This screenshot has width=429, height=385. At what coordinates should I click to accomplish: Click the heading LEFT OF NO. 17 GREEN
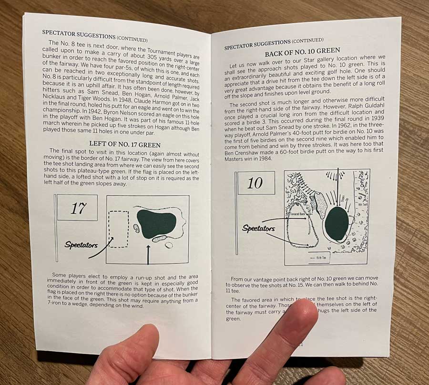pos(125,144)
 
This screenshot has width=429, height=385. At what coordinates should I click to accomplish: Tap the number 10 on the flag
pos(255,183)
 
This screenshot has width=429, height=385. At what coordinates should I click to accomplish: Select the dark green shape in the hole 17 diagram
pos(157,221)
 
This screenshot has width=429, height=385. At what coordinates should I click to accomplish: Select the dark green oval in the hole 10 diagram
pos(337,224)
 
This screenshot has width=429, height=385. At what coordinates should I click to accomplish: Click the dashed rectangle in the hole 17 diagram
pos(119,229)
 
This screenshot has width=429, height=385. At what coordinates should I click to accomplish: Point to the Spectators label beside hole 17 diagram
pos(81,245)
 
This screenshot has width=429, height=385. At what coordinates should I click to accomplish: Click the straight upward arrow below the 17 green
pos(149,254)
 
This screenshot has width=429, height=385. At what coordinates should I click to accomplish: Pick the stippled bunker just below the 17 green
pos(159,238)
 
